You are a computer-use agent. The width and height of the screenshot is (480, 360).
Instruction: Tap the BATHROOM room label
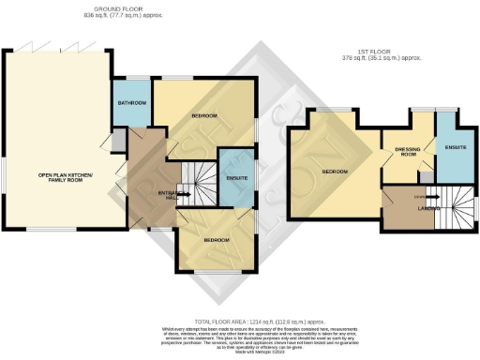point(130,102)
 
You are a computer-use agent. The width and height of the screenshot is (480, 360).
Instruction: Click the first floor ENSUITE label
point(457,148)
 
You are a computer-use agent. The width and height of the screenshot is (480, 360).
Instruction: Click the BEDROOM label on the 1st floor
point(336,172)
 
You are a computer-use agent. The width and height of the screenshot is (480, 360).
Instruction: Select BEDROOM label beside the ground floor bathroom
point(204,116)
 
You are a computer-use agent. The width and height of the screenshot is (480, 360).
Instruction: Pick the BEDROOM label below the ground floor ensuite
point(217,240)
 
